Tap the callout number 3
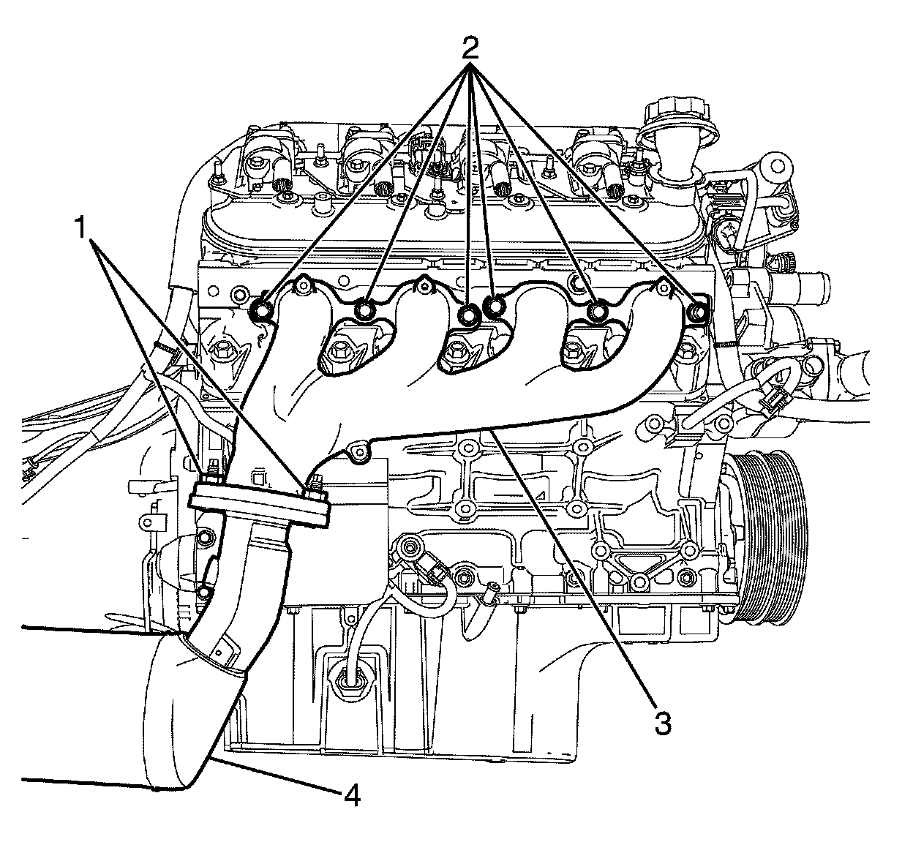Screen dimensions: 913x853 pos(661,723)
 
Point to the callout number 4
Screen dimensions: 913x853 pos(352,794)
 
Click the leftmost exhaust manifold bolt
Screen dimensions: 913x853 pos(260,309)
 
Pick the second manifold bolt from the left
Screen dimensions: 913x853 pos(364,312)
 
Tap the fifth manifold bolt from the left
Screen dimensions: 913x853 pos(598,312)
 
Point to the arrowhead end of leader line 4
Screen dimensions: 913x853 pos(217,762)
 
